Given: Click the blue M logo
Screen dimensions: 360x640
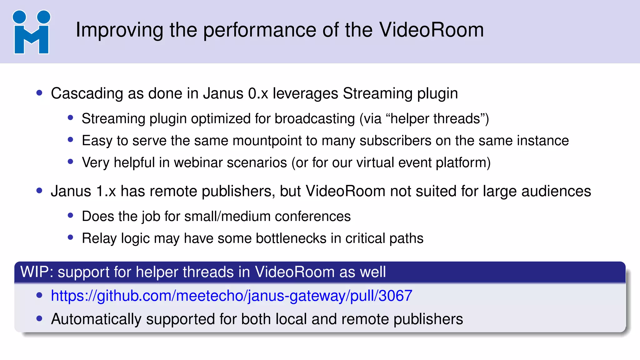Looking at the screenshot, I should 31,32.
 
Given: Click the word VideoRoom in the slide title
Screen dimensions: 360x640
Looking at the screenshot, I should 431,30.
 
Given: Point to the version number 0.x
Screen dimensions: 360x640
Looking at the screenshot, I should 258,93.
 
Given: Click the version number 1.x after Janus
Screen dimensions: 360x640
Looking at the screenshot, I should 106,191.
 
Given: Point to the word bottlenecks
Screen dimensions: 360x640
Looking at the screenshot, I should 291,238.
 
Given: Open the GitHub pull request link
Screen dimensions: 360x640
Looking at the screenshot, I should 232,296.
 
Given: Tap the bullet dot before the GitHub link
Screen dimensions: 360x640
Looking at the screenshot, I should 39,295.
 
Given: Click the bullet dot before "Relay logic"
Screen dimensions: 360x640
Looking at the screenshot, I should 70,237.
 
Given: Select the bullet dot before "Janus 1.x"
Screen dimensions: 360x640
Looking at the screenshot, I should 39,190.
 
